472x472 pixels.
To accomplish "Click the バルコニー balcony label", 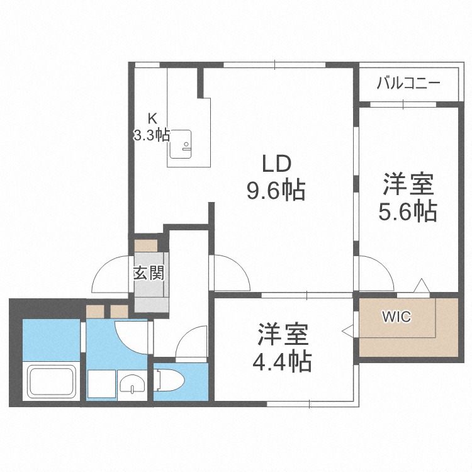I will click(408, 84).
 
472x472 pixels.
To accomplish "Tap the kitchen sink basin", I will click(183, 144).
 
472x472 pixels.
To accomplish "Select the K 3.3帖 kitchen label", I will click(152, 128).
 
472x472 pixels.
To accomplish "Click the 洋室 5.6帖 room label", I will click(408, 199).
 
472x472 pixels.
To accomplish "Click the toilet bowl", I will click(166, 380).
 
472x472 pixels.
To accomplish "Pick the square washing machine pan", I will click(101, 383).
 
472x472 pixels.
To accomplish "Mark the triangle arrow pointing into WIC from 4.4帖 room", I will click(346, 329).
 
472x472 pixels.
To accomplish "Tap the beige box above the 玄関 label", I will click(149, 244).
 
